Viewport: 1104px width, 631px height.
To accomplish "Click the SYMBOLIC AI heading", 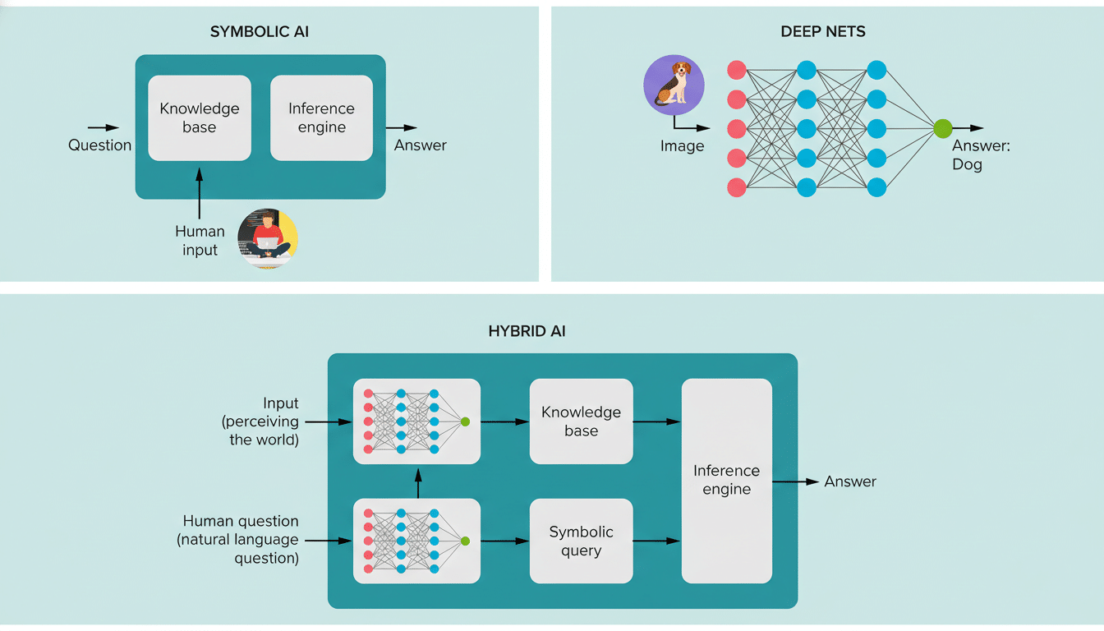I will [x=260, y=32].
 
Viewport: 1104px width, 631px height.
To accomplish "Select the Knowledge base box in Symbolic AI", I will [x=200, y=118].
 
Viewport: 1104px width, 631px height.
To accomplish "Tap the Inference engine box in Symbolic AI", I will [x=321, y=118].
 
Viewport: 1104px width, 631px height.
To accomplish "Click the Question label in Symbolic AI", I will [x=99, y=145].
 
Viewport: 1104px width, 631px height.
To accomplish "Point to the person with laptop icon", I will [x=268, y=238].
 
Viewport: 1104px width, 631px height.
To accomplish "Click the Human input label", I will [x=200, y=241].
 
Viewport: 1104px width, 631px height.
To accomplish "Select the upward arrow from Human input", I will [x=200, y=192].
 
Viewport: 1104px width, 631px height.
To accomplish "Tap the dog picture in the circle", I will [x=674, y=85].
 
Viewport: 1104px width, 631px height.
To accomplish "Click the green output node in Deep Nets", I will [x=942, y=128].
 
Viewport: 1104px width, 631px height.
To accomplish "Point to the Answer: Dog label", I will [x=980, y=154].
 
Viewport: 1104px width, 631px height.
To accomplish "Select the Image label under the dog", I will [x=682, y=146].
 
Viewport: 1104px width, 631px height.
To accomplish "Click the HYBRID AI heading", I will [x=527, y=332].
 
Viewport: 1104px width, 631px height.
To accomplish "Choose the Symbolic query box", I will [x=581, y=541].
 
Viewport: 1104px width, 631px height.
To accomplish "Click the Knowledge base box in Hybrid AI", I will [x=581, y=421].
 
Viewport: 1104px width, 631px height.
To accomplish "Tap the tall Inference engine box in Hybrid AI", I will [x=726, y=481].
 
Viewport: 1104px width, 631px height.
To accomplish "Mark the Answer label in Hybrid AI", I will [x=850, y=481].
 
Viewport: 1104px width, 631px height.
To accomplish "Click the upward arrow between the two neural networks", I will [x=418, y=483].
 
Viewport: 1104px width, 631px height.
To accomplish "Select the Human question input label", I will [x=241, y=540].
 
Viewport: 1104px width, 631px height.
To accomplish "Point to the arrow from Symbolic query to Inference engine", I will [x=656, y=541].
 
